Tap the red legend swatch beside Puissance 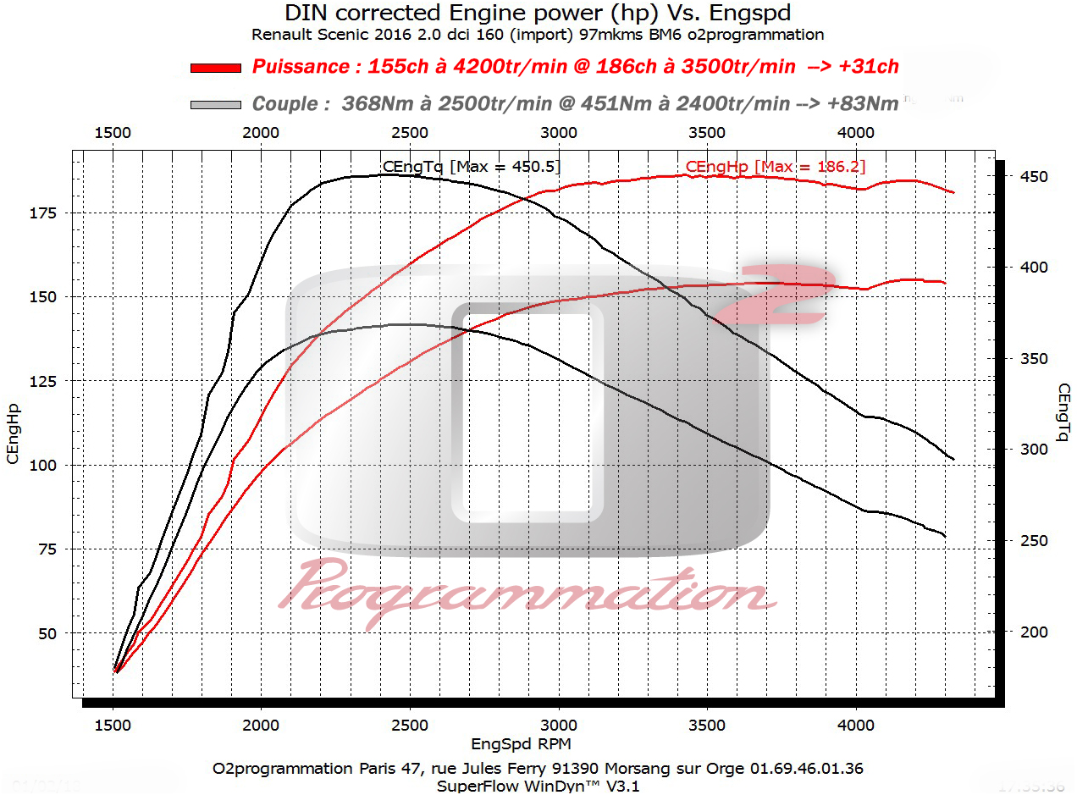click(x=216, y=68)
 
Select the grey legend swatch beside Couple click(x=216, y=105)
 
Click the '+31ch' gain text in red click(x=865, y=67)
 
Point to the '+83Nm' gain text click(x=863, y=104)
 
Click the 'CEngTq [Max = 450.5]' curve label click(x=472, y=167)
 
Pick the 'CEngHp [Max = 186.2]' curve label click(x=776, y=167)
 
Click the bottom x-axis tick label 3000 click(x=558, y=725)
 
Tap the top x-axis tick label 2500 click(x=410, y=133)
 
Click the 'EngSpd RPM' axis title click(x=521, y=744)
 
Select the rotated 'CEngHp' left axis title click(x=13, y=433)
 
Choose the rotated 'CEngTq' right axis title click(x=1063, y=412)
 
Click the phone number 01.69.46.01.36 click(x=808, y=769)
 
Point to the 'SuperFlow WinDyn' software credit click(x=508, y=785)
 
